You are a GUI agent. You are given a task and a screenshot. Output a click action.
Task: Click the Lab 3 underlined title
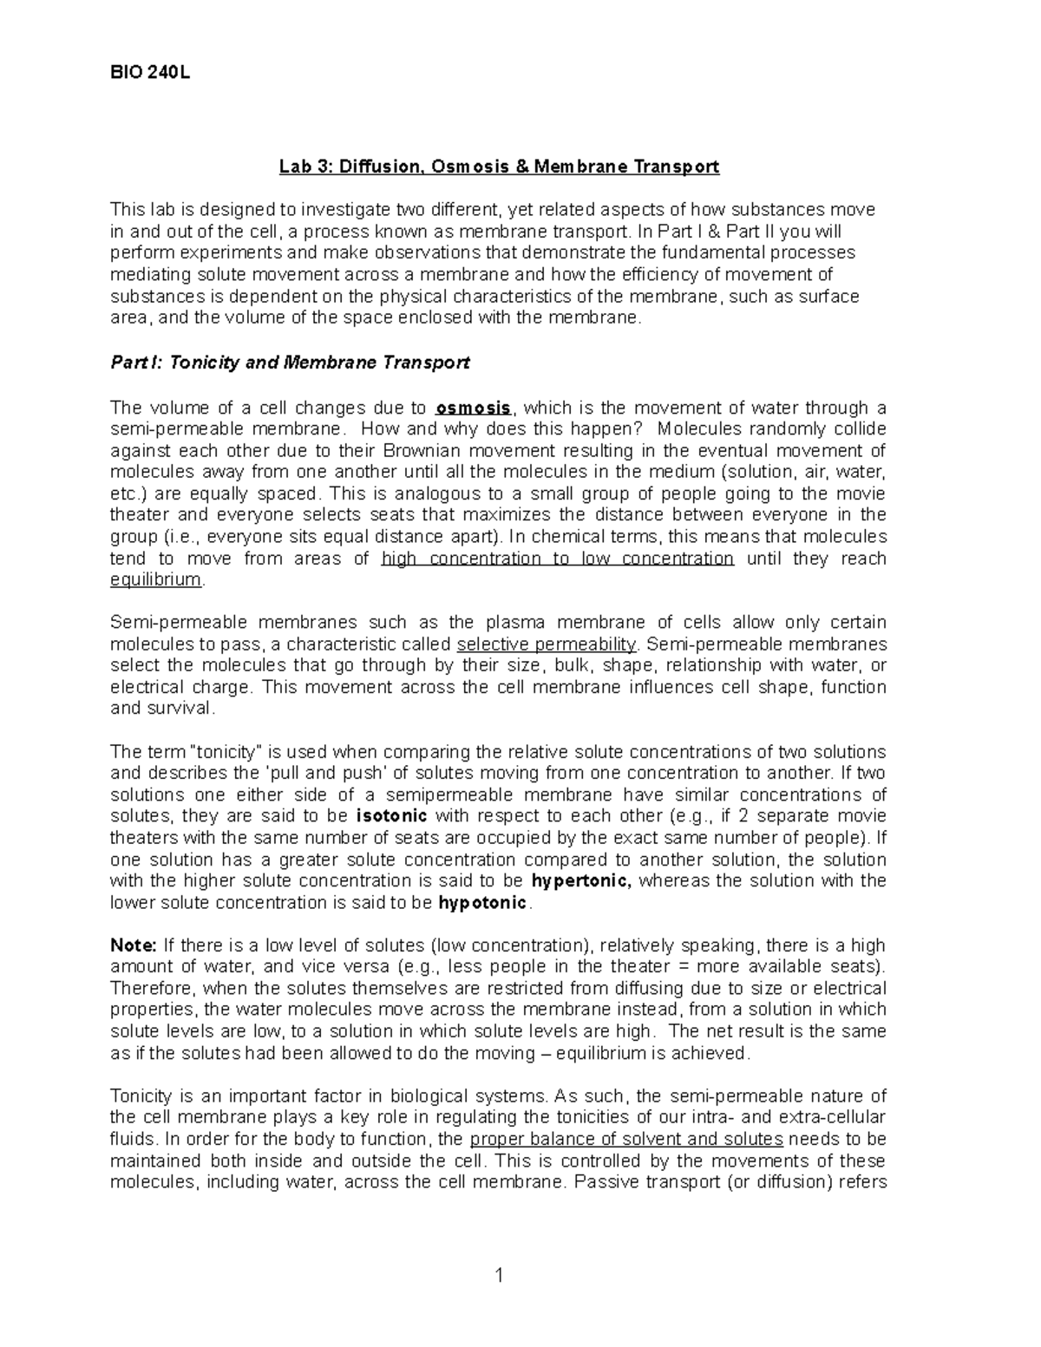499,167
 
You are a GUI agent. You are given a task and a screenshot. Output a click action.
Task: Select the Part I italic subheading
290,363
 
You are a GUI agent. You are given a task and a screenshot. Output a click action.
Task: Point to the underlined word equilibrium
156,580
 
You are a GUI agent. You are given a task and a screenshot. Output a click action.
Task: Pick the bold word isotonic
392,816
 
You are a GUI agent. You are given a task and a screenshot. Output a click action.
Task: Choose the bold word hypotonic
482,903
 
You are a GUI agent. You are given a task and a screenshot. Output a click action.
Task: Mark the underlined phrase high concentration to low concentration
558,559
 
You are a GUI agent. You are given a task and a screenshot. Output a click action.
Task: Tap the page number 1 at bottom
498,1276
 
